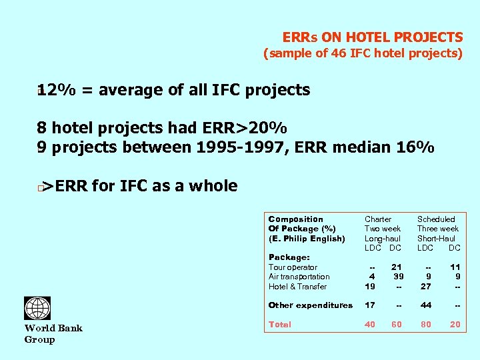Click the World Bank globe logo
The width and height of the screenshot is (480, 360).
(x=37, y=309)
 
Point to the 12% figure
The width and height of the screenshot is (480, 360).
(x=56, y=89)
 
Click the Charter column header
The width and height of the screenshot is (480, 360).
(x=378, y=219)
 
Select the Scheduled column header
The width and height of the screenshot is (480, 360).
(x=436, y=219)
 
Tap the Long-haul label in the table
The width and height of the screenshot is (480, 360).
(x=383, y=238)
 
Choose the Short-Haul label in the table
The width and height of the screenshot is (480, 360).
(x=436, y=238)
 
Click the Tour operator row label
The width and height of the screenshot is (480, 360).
(x=293, y=267)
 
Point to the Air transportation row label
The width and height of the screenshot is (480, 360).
(x=299, y=277)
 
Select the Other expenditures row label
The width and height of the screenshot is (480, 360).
(x=310, y=305)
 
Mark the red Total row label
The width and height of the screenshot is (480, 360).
(x=279, y=325)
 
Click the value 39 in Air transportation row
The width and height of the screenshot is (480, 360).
(x=398, y=277)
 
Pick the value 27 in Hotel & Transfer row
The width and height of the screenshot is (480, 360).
(x=425, y=287)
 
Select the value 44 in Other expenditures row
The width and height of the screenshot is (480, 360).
(x=425, y=305)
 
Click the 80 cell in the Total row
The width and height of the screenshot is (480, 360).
(x=425, y=325)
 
